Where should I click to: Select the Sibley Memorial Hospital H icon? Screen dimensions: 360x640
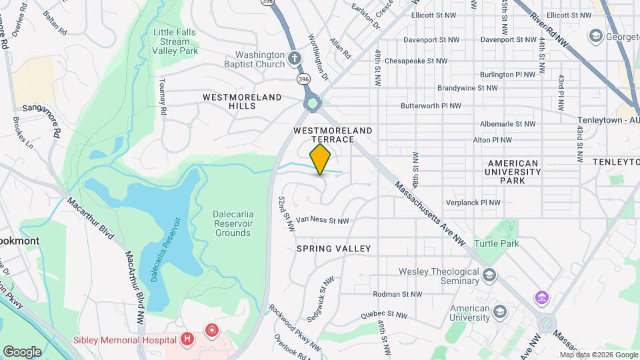click(x=188, y=339)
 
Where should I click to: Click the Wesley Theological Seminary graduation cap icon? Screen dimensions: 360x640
click(x=490, y=275)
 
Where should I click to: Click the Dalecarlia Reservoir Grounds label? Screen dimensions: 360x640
click(x=233, y=223)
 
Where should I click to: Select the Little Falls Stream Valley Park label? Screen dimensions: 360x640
click(x=175, y=41)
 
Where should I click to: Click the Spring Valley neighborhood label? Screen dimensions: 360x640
click(x=333, y=249)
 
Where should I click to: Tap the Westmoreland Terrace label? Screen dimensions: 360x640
click(x=333, y=135)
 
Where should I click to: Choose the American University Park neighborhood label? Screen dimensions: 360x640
click(x=513, y=171)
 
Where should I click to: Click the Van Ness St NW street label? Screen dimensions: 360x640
click(x=323, y=220)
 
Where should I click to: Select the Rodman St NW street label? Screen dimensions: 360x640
click(x=397, y=294)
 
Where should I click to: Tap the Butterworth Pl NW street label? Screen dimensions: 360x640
click(x=431, y=106)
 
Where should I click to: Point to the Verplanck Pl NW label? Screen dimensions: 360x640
click(x=473, y=203)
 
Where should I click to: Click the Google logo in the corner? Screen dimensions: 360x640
click(x=22, y=351)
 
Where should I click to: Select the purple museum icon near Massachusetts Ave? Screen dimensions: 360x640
click(x=541, y=296)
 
